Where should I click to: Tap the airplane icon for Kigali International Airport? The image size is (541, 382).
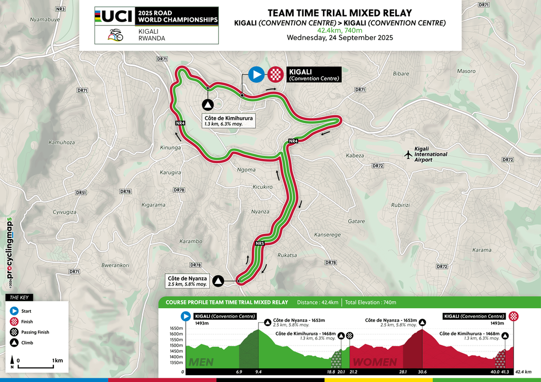pyautogui.click(x=407, y=155)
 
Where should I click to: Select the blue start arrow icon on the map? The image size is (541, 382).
pyautogui.click(x=256, y=74)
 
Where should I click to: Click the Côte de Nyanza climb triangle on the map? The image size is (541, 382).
pyautogui.click(x=218, y=281)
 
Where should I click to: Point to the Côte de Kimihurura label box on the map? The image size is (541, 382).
pyautogui.click(x=228, y=121)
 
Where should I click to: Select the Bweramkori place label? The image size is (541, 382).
pyautogui.click(x=116, y=265)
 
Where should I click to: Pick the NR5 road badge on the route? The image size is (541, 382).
pyautogui.click(x=259, y=243)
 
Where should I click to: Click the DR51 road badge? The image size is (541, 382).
pyautogui.click(x=81, y=193)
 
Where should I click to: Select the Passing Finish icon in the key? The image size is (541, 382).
pyautogui.click(x=14, y=332)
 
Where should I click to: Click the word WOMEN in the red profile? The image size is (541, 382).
pyautogui.click(x=375, y=362)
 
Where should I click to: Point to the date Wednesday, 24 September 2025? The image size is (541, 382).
pyautogui.click(x=340, y=38)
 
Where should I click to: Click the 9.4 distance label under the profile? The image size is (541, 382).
pyautogui.click(x=258, y=372)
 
